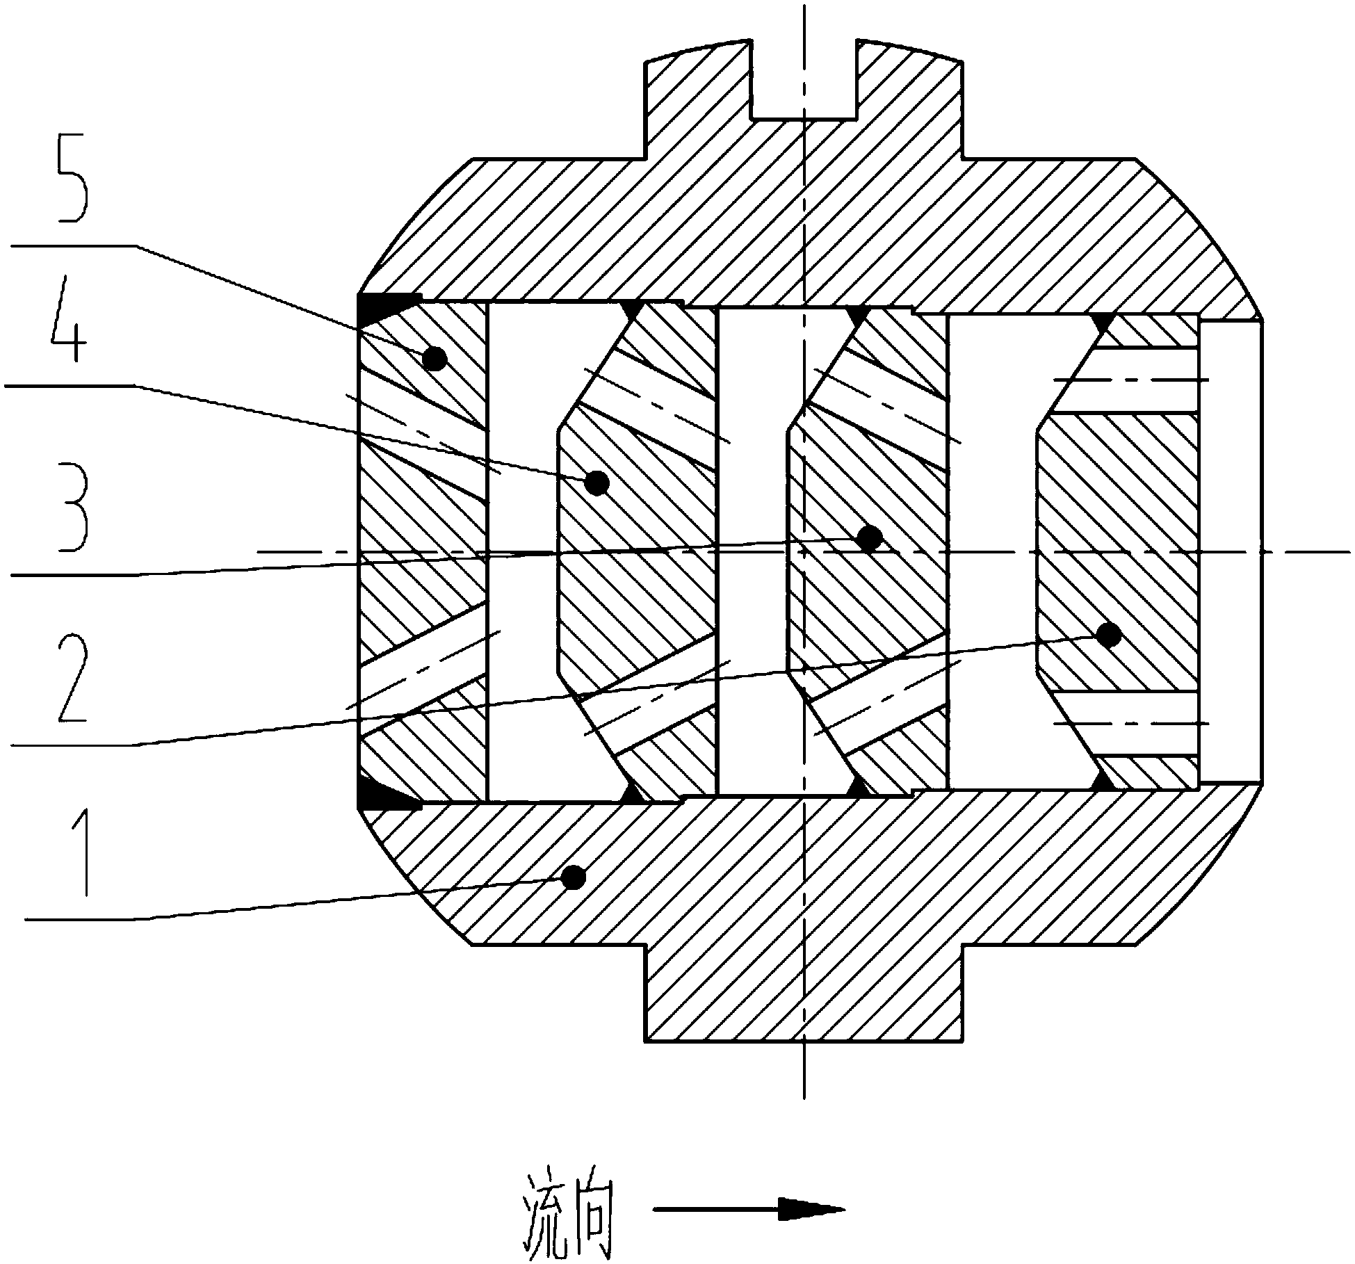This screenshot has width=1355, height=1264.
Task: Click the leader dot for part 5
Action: [x=435, y=359]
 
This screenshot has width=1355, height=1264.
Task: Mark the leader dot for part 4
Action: [x=597, y=483]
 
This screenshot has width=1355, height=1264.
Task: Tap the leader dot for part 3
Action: [x=870, y=538]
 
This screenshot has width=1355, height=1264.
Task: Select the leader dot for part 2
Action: [x=1108, y=634]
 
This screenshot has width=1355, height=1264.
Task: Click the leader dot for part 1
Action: [x=573, y=878]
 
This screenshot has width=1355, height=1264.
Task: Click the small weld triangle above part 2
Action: [x=1101, y=322]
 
